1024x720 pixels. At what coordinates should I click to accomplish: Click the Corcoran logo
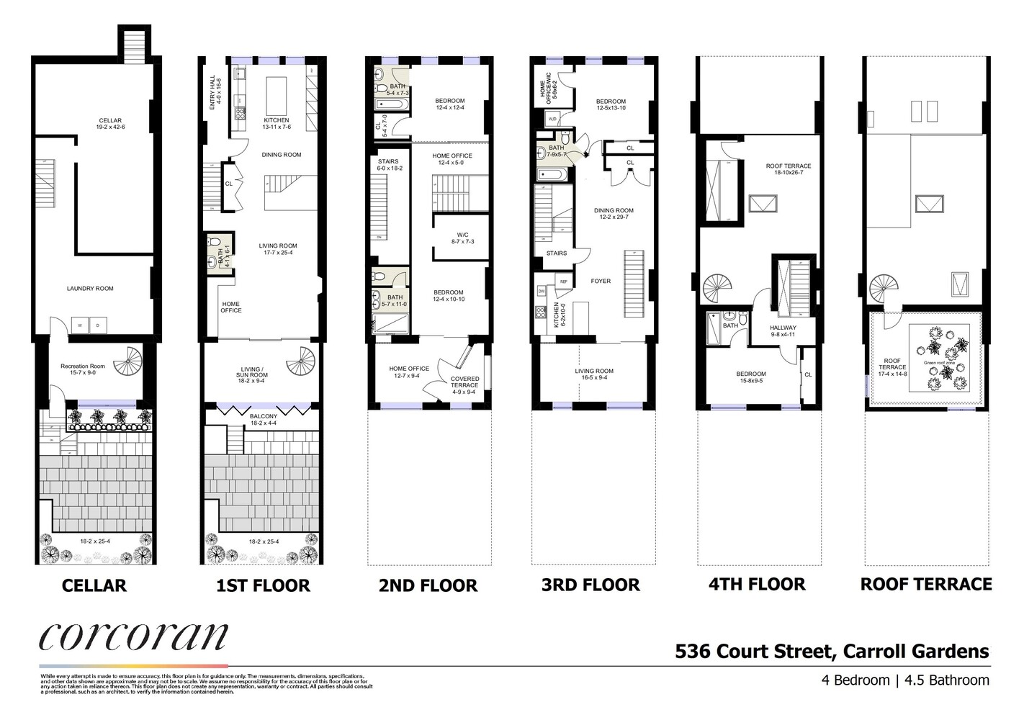coord(133,636)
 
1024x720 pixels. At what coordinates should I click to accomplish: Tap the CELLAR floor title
coord(94,585)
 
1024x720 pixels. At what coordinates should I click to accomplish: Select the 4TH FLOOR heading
coord(757,584)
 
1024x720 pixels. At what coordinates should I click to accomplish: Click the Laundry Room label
coord(90,289)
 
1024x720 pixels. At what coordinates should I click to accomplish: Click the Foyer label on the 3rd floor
coord(601,281)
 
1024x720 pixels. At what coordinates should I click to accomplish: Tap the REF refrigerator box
coord(564,282)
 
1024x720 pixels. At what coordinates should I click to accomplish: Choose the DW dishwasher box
coord(541,291)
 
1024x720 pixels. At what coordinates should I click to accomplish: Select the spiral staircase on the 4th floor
coord(717,289)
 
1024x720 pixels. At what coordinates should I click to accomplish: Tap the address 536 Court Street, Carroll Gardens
coord(832,652)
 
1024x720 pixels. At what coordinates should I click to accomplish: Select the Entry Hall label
coord(213,92)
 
